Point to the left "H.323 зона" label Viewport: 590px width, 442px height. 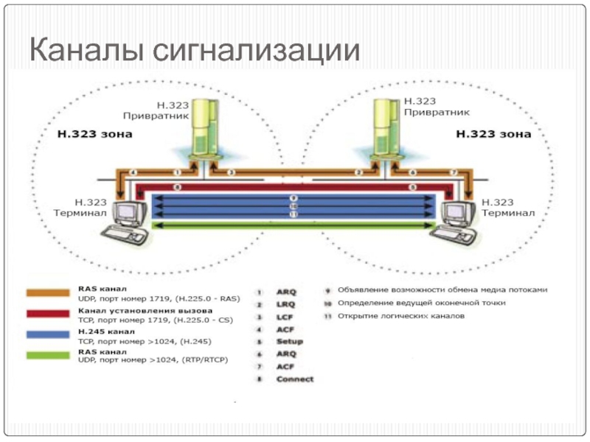[94, 134]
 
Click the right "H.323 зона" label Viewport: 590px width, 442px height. [493, 134]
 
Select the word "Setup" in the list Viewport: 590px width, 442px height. [289, 341]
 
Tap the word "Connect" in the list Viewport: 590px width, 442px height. [294, 379]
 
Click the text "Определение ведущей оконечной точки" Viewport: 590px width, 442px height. [421, 303]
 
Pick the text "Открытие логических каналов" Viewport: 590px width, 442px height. [401, 316]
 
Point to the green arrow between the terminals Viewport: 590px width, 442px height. [292, 225]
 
